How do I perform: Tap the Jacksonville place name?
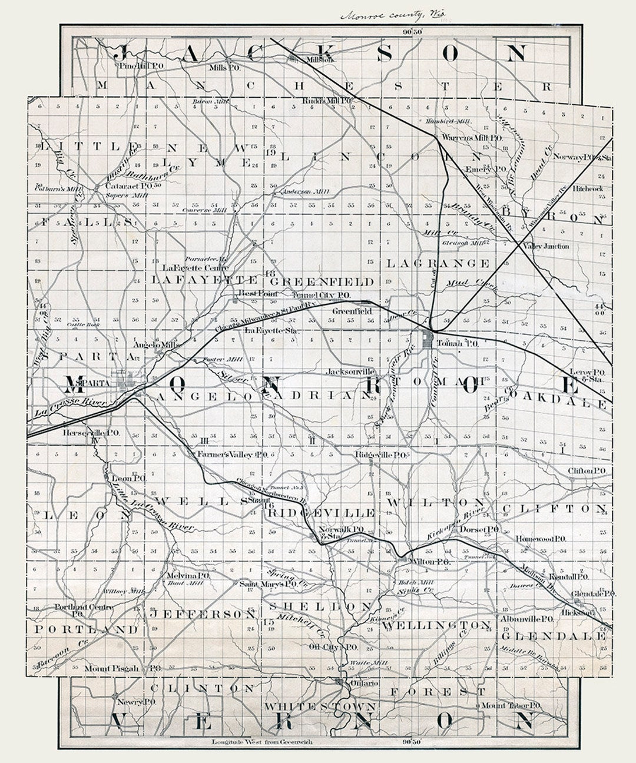coord(351,372)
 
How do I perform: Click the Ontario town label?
coord(363,683)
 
